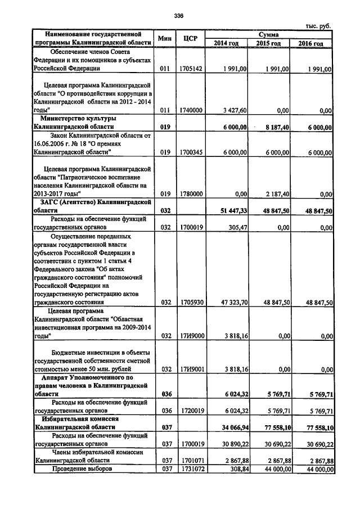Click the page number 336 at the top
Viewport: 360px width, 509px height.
(x=179, y=15)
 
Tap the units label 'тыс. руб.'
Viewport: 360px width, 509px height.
(x=318, y=26)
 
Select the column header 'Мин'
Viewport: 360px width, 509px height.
(x=164, y=38)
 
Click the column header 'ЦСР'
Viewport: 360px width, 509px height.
(x=190, y=38)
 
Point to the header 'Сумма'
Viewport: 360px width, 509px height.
(x=269, y=34)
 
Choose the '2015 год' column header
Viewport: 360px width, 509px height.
(x=269, y=43)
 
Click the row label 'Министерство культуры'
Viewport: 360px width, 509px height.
(x=78, y=119)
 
